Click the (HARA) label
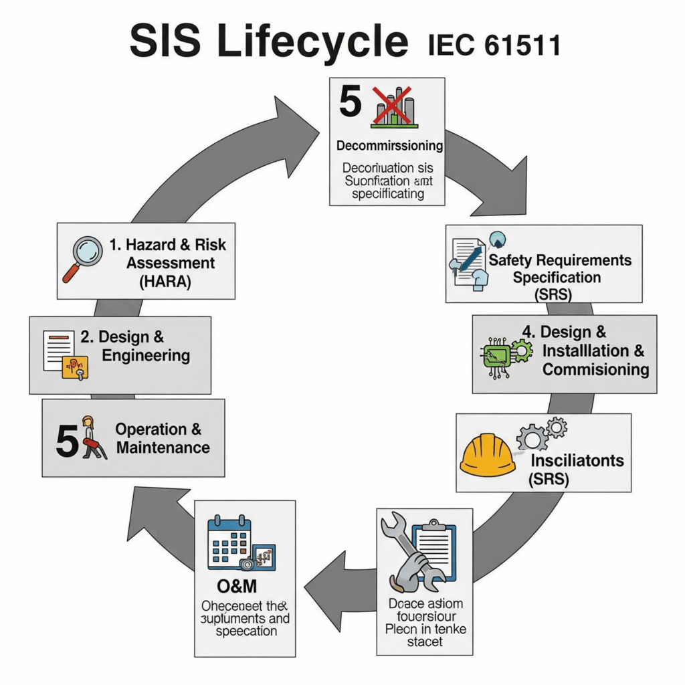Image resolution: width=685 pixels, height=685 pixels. point(166,282)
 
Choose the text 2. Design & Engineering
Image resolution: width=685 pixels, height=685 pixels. point(134,346)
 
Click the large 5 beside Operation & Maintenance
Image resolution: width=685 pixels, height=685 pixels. point(67,442)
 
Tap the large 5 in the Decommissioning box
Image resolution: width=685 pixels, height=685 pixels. point(351,102)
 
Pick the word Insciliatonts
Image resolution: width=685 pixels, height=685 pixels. point(577,461)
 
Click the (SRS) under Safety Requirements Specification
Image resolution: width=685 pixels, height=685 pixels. point(549,294)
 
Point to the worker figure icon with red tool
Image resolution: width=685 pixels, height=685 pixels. point(92,439)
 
